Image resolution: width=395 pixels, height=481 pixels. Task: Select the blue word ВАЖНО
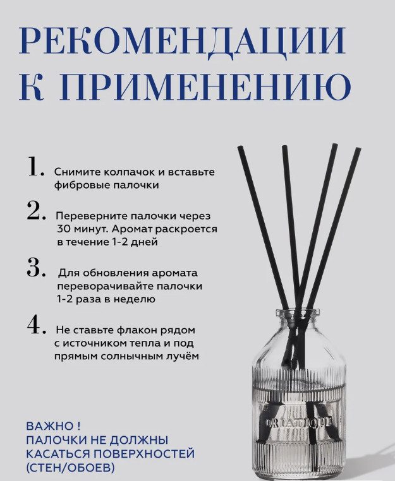point(50,426)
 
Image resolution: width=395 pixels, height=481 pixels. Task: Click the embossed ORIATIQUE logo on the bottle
point(298,423)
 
